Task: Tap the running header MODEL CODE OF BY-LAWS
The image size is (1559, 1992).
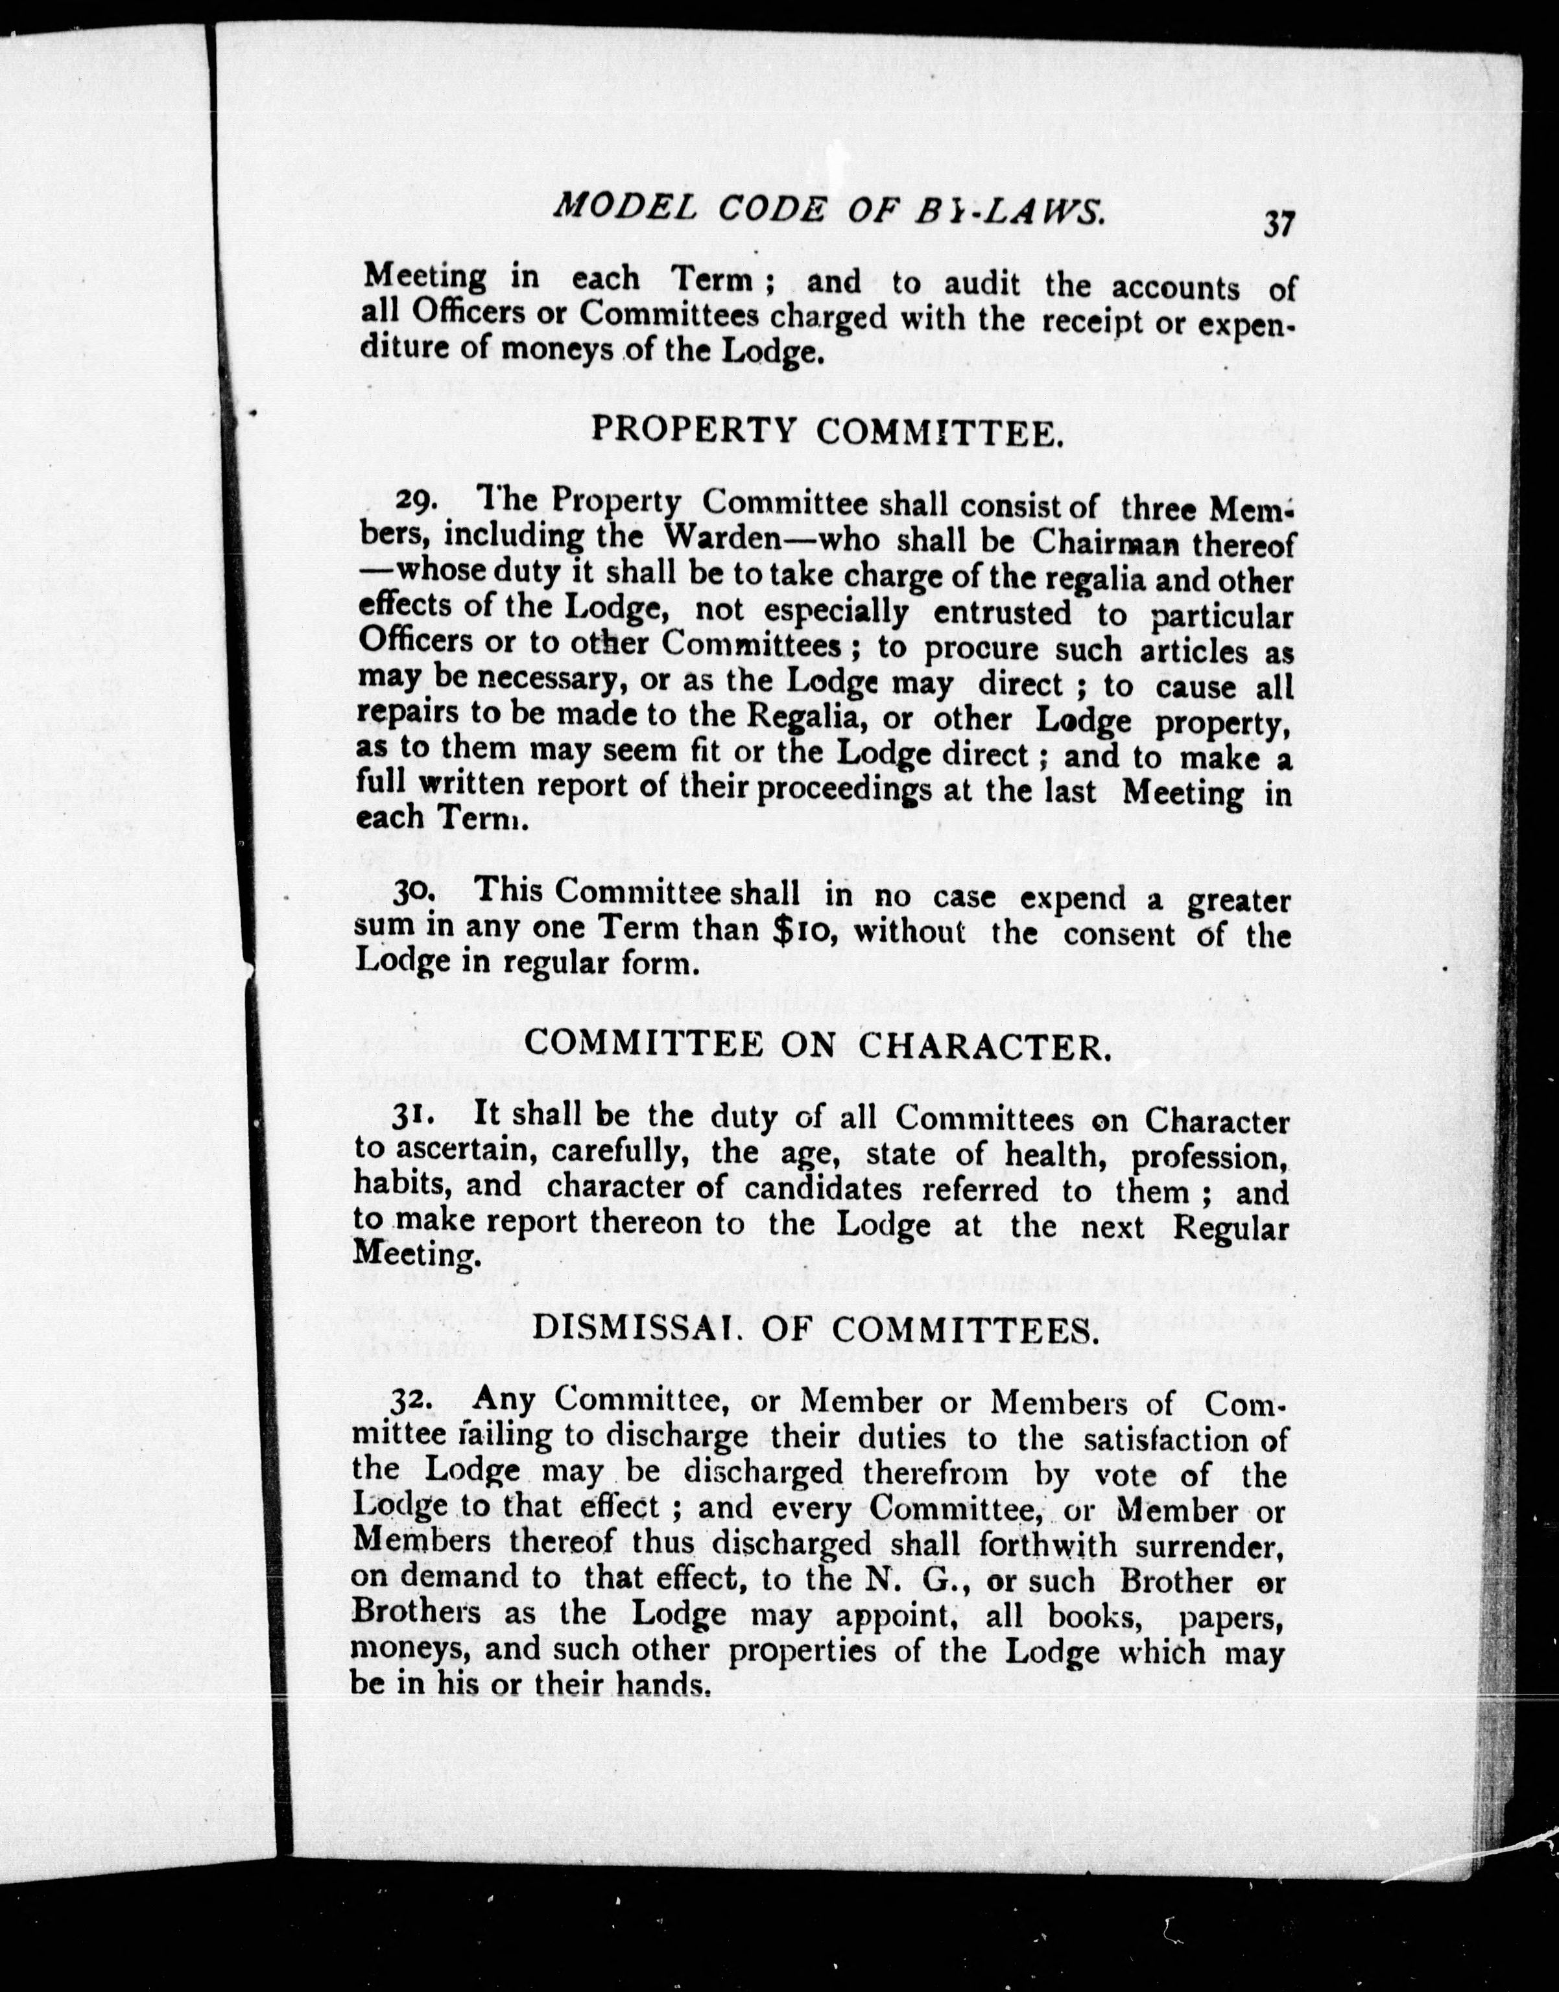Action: [829, 210]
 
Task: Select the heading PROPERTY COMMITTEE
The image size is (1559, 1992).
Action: [827, 431]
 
